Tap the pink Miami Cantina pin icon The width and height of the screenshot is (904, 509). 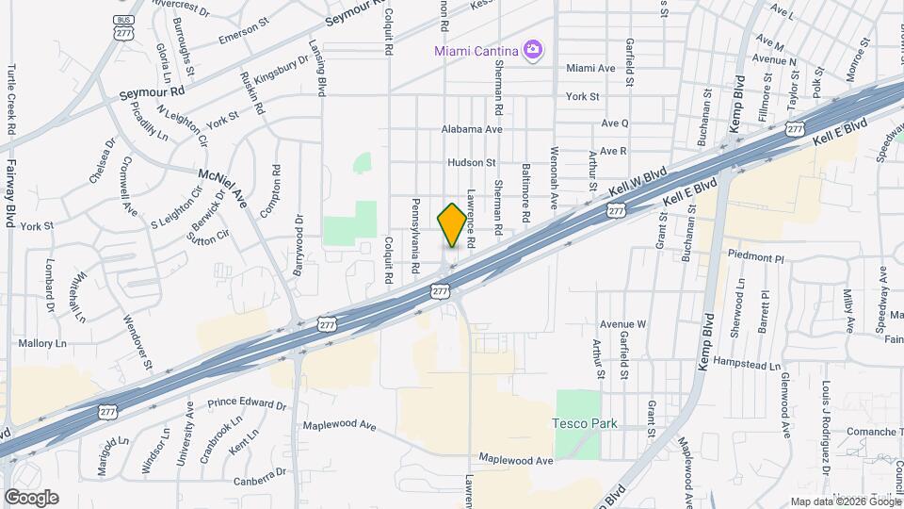534,49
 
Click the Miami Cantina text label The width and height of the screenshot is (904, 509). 477,49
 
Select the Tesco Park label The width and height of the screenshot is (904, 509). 585,423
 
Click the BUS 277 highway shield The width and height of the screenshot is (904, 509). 122,27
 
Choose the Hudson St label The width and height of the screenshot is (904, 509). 472,162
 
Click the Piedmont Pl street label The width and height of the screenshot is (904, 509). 756,256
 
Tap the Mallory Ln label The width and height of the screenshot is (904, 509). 36,345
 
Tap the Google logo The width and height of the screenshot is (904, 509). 31,498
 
